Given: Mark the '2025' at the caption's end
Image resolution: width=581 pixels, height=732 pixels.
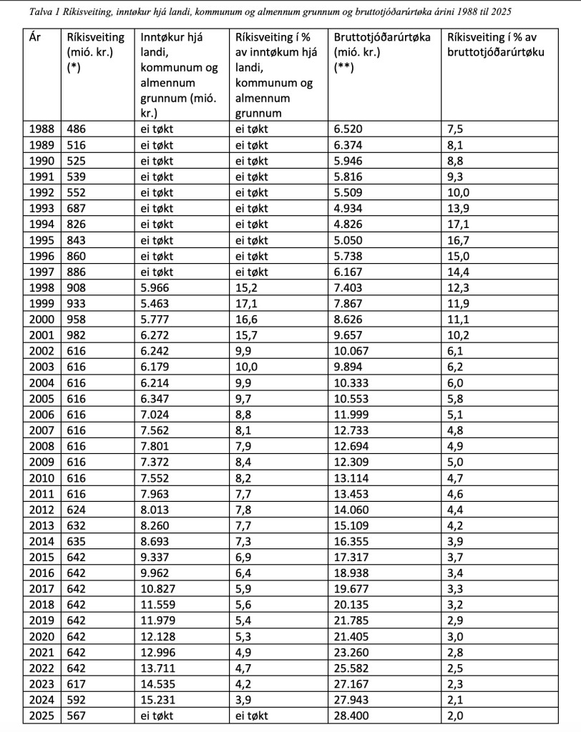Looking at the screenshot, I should pos(500,12).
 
